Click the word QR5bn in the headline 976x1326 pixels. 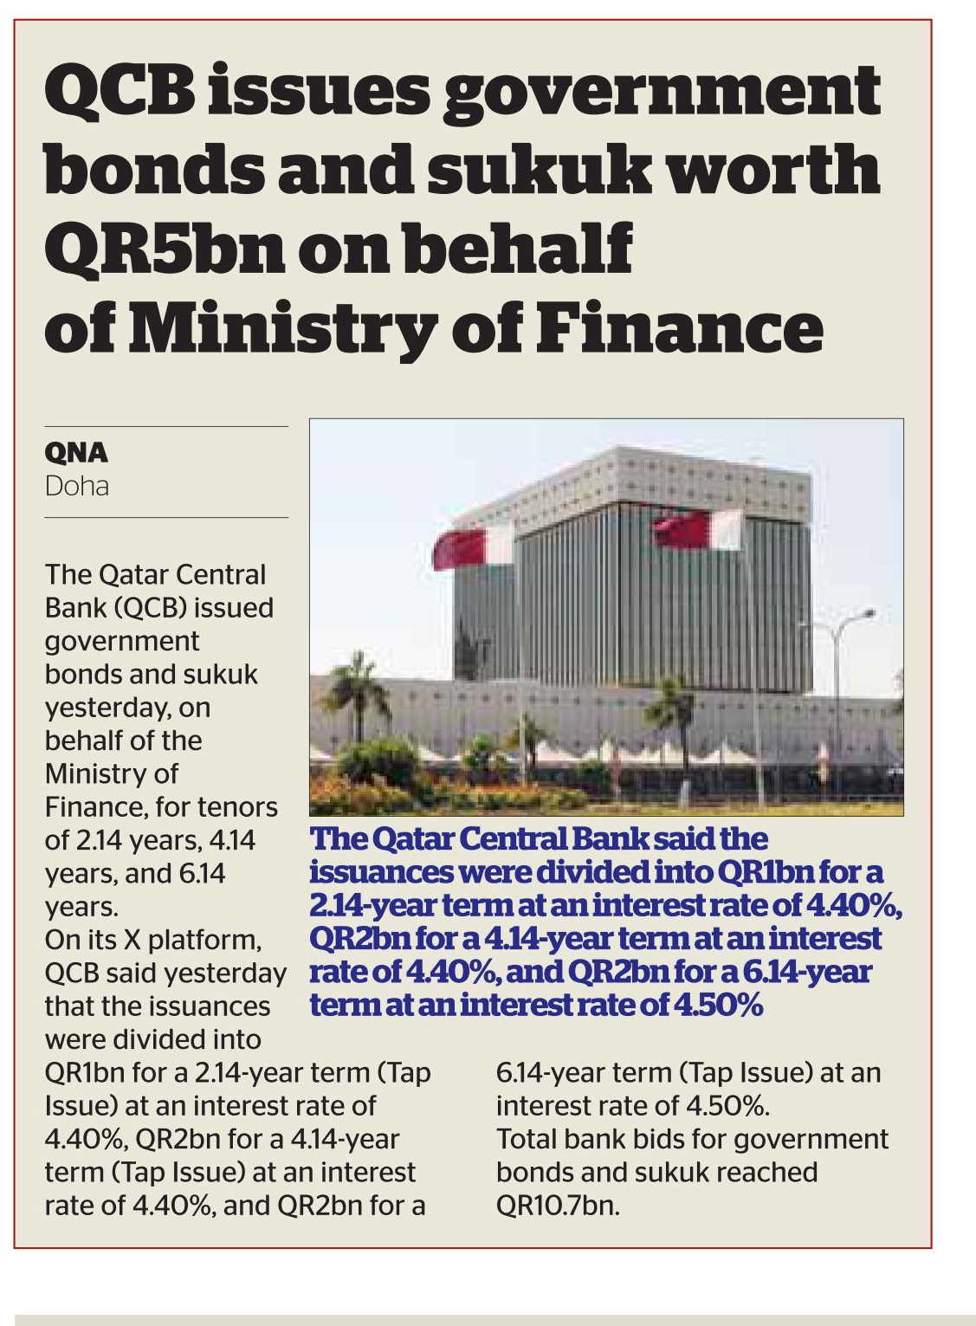pos(164,249)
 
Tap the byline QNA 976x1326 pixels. pos(76,453)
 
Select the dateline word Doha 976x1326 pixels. pos(76,486)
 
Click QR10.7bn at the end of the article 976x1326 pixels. pos(557,1206)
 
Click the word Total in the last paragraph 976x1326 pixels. pos(528,1139)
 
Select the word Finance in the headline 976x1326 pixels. pos(679,328)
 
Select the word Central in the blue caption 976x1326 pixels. pos(509,838)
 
